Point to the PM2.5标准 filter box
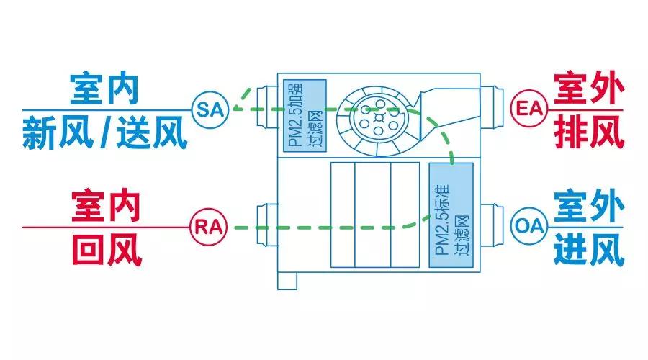(451, 215)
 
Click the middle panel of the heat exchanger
(372, 215)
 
